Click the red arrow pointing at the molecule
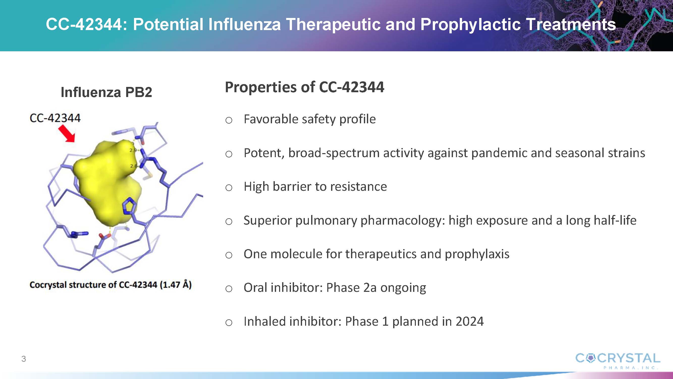[x=67, y=133]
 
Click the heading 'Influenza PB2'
[x=106, y=92]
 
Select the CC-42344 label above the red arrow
[x=55, y=118]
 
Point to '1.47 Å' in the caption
[x=176, y=285]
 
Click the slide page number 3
[x=24, y=359]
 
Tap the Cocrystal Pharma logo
[x=618, y=361]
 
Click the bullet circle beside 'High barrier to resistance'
[x=229, y=187]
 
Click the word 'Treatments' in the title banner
[x=571, y=24]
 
